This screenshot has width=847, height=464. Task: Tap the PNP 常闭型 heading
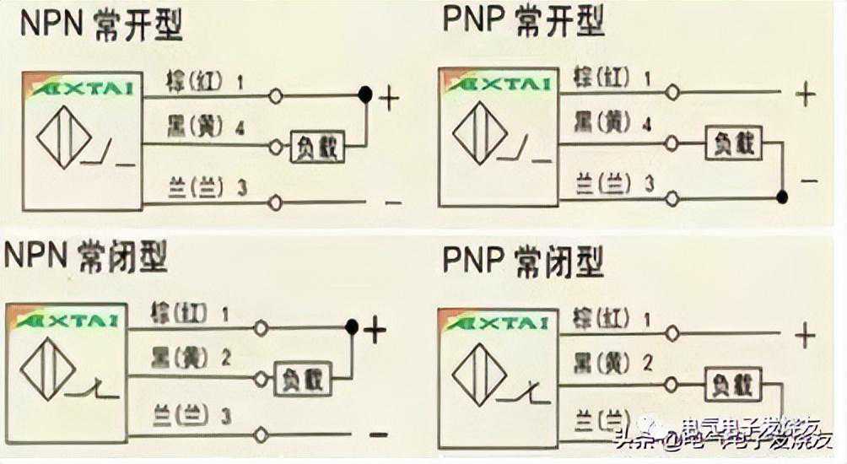pos(523,262)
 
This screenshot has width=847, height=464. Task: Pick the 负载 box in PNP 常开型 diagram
pos(733,143)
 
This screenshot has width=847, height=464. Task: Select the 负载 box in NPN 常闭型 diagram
pos(301,379)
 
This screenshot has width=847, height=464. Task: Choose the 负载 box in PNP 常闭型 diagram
pos(733,386)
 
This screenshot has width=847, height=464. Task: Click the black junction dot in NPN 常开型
pos(365,94)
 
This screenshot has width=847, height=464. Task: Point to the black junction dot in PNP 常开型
pos(782,197)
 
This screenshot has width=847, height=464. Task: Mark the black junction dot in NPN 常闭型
pos(352,326)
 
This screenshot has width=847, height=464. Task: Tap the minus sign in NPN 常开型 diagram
pos(391,202)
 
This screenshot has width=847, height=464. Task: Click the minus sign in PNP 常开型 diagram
pos(808,180)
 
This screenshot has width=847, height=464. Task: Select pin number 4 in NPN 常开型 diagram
pos(240,129)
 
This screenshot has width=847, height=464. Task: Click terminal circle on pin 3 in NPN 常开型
pos(274,202)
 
